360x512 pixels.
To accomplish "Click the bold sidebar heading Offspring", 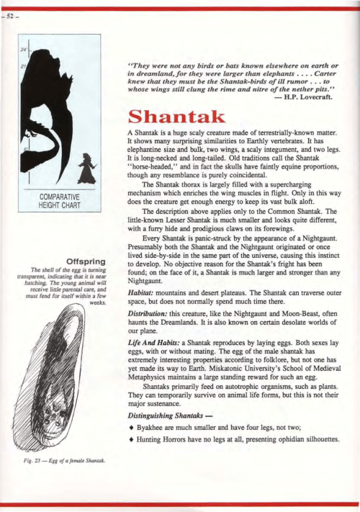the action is pyautogui.click(x=86, y=260).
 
